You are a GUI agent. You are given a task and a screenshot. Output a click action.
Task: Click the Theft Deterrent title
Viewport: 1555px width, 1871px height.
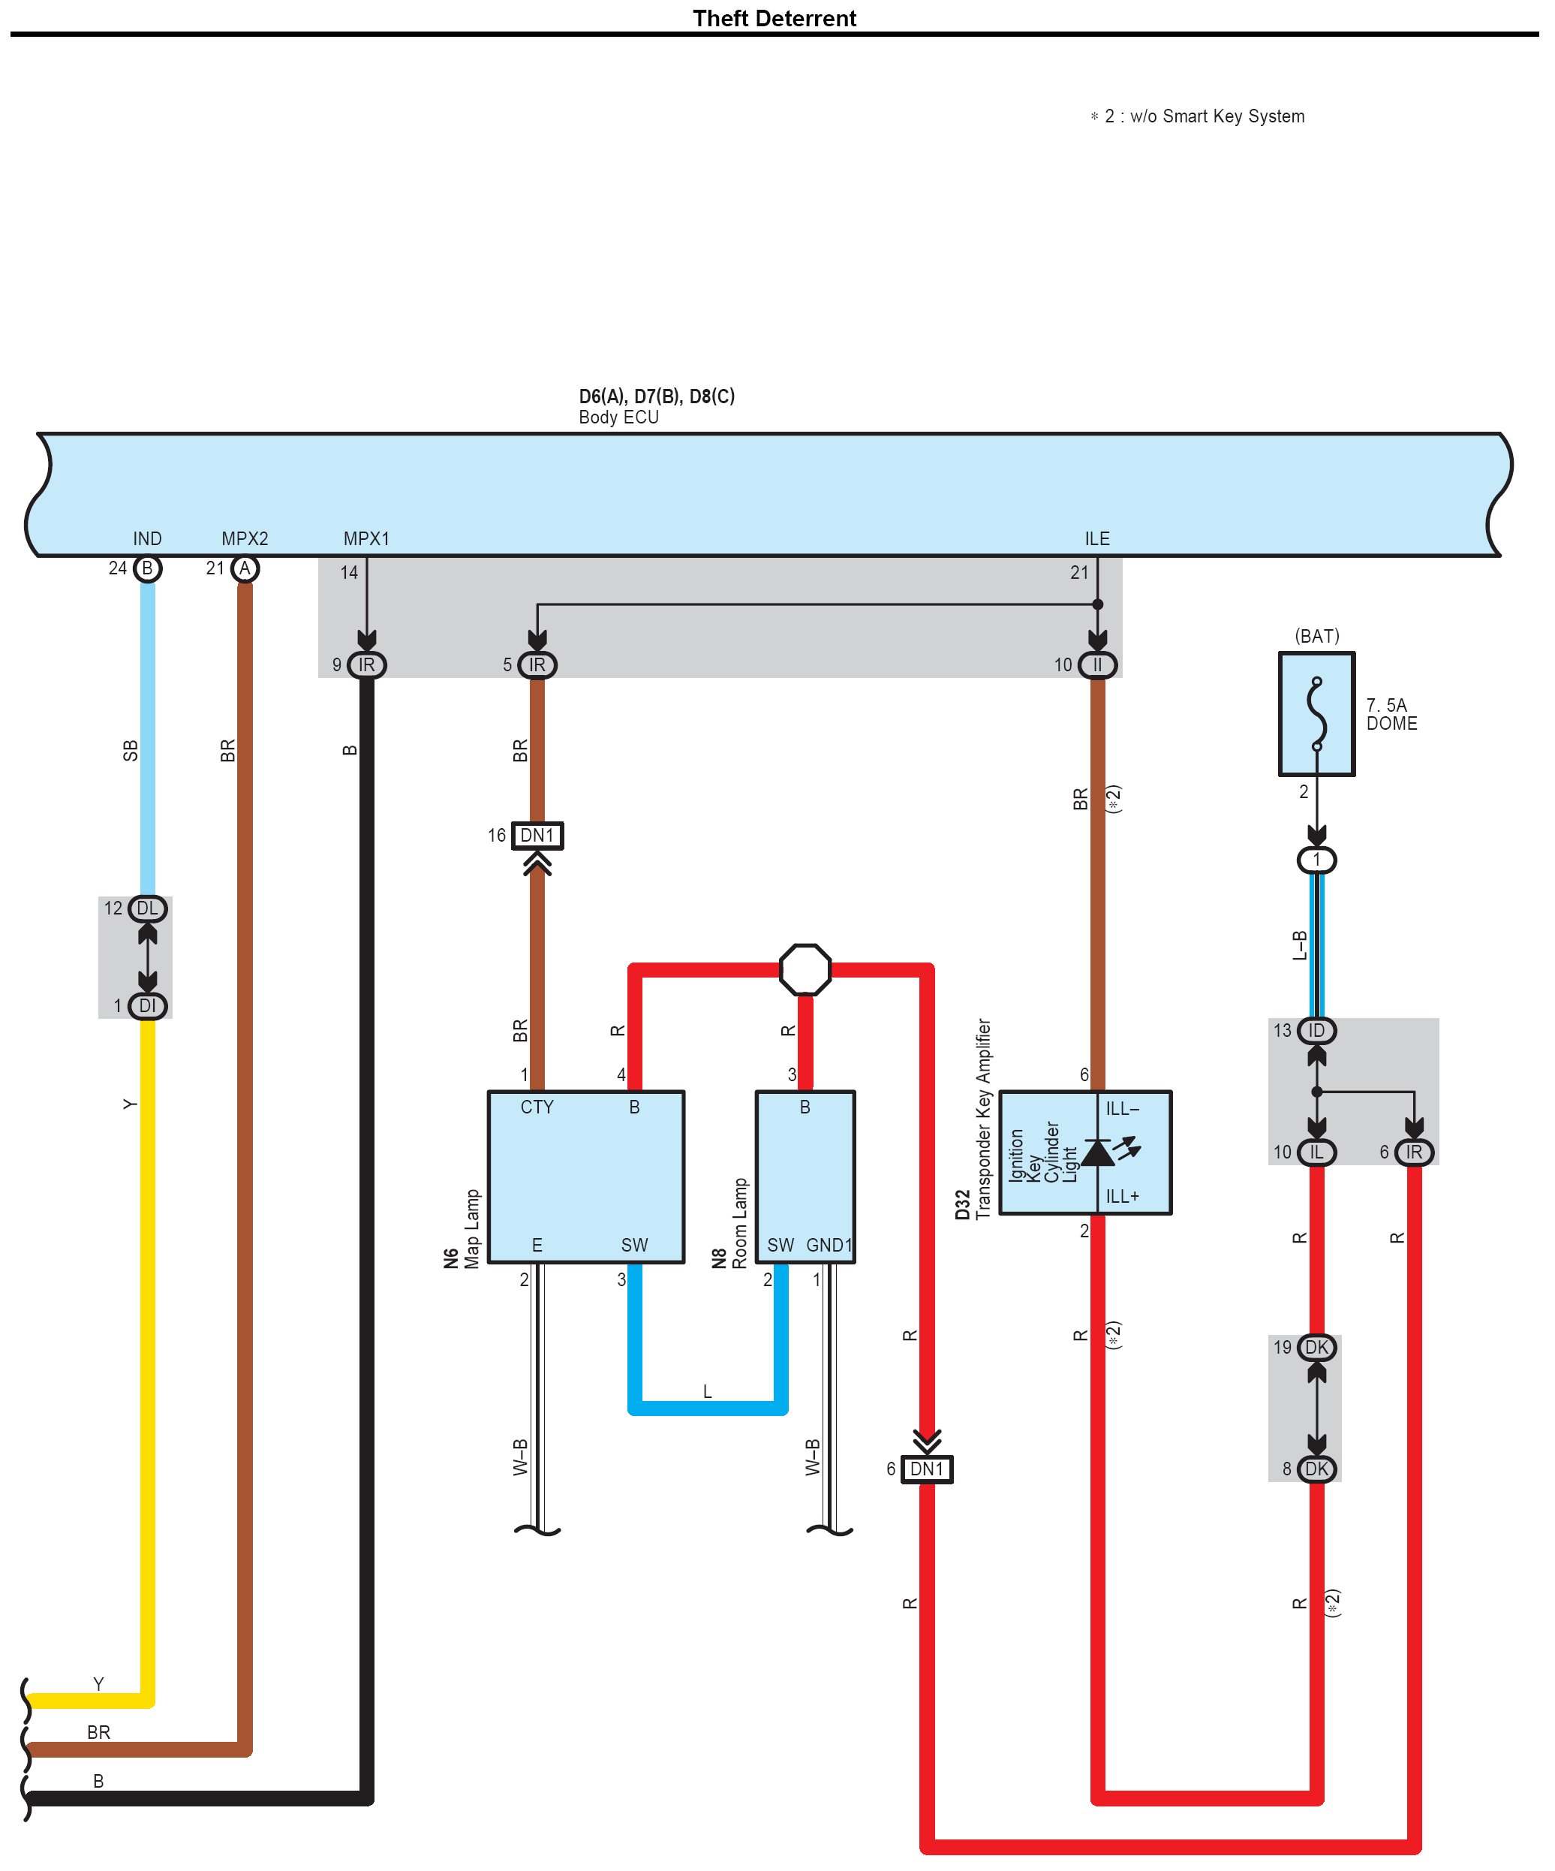(774, 19)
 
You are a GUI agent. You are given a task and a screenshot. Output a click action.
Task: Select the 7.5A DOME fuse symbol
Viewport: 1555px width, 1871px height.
(1316, 714)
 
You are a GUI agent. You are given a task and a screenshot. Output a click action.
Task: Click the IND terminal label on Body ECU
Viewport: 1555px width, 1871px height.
(147, 538)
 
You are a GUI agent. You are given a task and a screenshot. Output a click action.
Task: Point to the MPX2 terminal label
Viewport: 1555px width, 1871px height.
(244, 538)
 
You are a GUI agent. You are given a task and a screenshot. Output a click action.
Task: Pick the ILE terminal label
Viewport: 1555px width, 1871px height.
(1096, 538)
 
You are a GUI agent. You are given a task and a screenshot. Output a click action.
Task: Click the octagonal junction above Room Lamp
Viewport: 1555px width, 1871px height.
(805, 969)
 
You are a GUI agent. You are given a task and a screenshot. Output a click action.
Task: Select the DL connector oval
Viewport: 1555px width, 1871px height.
(147, 908)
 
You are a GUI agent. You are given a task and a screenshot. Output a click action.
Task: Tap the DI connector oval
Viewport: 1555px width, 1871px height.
(147, 1006)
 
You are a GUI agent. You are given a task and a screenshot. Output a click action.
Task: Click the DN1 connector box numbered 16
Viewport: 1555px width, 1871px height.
(537, 836)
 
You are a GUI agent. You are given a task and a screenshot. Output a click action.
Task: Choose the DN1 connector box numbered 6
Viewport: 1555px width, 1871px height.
(926, 1469)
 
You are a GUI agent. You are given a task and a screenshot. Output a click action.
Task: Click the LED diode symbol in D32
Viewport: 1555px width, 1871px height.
(1099, 1152)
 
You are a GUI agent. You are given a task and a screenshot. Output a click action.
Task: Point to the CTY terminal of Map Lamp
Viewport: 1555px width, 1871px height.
(537, 1107)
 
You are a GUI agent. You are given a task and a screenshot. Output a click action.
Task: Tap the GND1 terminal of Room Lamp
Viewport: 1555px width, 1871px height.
(829, 1245)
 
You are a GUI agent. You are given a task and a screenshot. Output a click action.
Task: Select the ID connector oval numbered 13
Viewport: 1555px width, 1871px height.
(1316, 1031)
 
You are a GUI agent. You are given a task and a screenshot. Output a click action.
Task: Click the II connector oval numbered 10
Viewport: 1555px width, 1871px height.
(1096, 664)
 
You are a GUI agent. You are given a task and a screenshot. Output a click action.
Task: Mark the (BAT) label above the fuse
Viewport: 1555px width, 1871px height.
(1316, 636)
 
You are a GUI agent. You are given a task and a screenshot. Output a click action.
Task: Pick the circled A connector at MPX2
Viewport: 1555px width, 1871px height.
(244, 568)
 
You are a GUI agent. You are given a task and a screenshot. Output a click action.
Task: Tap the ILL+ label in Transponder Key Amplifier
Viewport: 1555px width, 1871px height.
(1121, 1197)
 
